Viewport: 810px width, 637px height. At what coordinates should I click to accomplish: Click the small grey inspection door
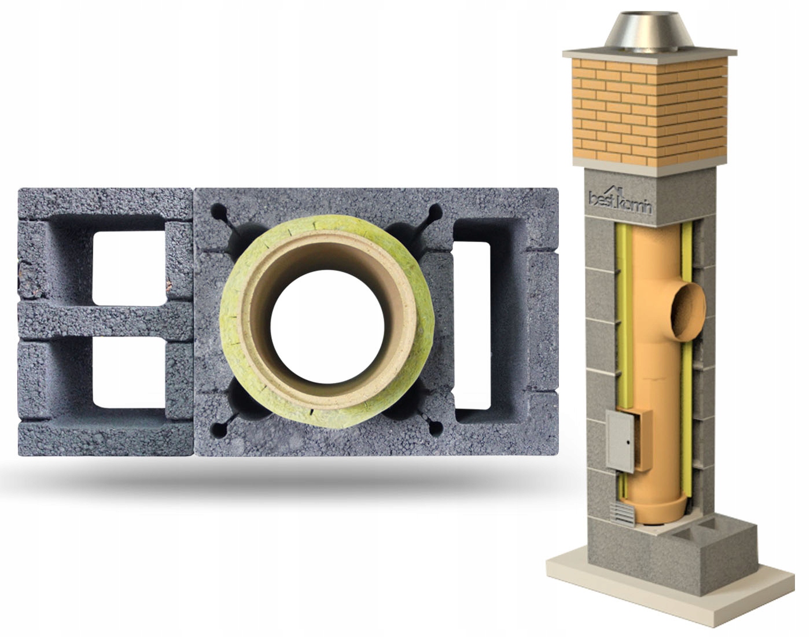click(x=620, y=441)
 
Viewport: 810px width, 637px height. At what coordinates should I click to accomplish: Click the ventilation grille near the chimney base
click(x=623, y=513)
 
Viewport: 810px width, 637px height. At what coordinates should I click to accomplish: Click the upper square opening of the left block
click(x=129, y=268)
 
